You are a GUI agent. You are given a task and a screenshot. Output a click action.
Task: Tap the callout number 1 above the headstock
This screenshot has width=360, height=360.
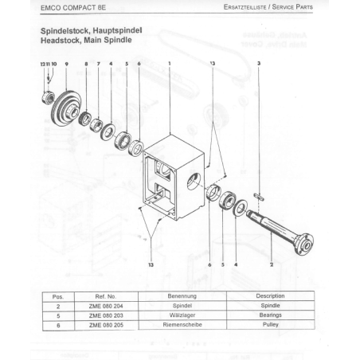click(x=170, y=64)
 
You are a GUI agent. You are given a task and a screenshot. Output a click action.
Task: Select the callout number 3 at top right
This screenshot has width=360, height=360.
click(x=259, y=64)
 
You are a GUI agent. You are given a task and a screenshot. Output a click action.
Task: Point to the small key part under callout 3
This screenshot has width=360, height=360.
click(x=259, y=197)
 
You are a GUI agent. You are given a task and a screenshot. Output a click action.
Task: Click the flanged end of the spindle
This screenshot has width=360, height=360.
click(x=304, y=245)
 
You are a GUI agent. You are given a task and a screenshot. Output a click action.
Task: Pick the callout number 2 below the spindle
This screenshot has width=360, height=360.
click(x=272, y=264)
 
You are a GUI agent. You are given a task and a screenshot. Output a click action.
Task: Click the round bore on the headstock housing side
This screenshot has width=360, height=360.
click(x=195, y=181)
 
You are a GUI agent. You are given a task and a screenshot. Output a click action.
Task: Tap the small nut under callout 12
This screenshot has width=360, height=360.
click(x=49, y=97)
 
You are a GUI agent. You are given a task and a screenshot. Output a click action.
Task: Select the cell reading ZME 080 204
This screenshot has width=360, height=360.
click(x=106, y=306)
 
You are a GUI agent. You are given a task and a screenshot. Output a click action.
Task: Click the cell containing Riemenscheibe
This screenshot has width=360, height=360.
click(x=182, y=325)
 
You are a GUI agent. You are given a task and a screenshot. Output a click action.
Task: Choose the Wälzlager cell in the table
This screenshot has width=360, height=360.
click(x=182, y=315)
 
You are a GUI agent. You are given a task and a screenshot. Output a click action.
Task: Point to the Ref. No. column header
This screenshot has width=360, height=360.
click(x=106, y=296)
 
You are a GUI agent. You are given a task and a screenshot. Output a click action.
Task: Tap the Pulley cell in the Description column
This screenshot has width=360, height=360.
click(x=271, y=324)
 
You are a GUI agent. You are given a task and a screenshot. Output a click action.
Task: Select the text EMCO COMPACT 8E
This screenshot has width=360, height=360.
click(x=73, y=8)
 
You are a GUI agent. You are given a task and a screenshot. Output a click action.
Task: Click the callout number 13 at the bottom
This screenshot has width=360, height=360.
click(x=151, y=264)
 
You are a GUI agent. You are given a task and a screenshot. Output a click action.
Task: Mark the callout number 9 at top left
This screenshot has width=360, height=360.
click(x=67, y=64)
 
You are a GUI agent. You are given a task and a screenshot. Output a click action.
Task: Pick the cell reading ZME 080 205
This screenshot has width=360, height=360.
click(x=106, y=325)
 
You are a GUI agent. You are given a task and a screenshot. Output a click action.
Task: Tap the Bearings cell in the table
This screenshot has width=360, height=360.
click(x=271, y=315)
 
